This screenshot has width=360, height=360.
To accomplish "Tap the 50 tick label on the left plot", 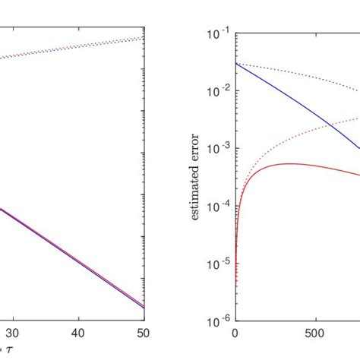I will coord(144,333).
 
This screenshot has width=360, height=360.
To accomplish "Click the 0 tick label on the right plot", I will coord(235,333).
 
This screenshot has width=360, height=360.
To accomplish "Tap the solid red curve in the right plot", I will coord(289,164).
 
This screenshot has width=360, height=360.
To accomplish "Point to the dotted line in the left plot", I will coord(76,50).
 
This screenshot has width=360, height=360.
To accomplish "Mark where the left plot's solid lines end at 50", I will coord(144,305).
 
